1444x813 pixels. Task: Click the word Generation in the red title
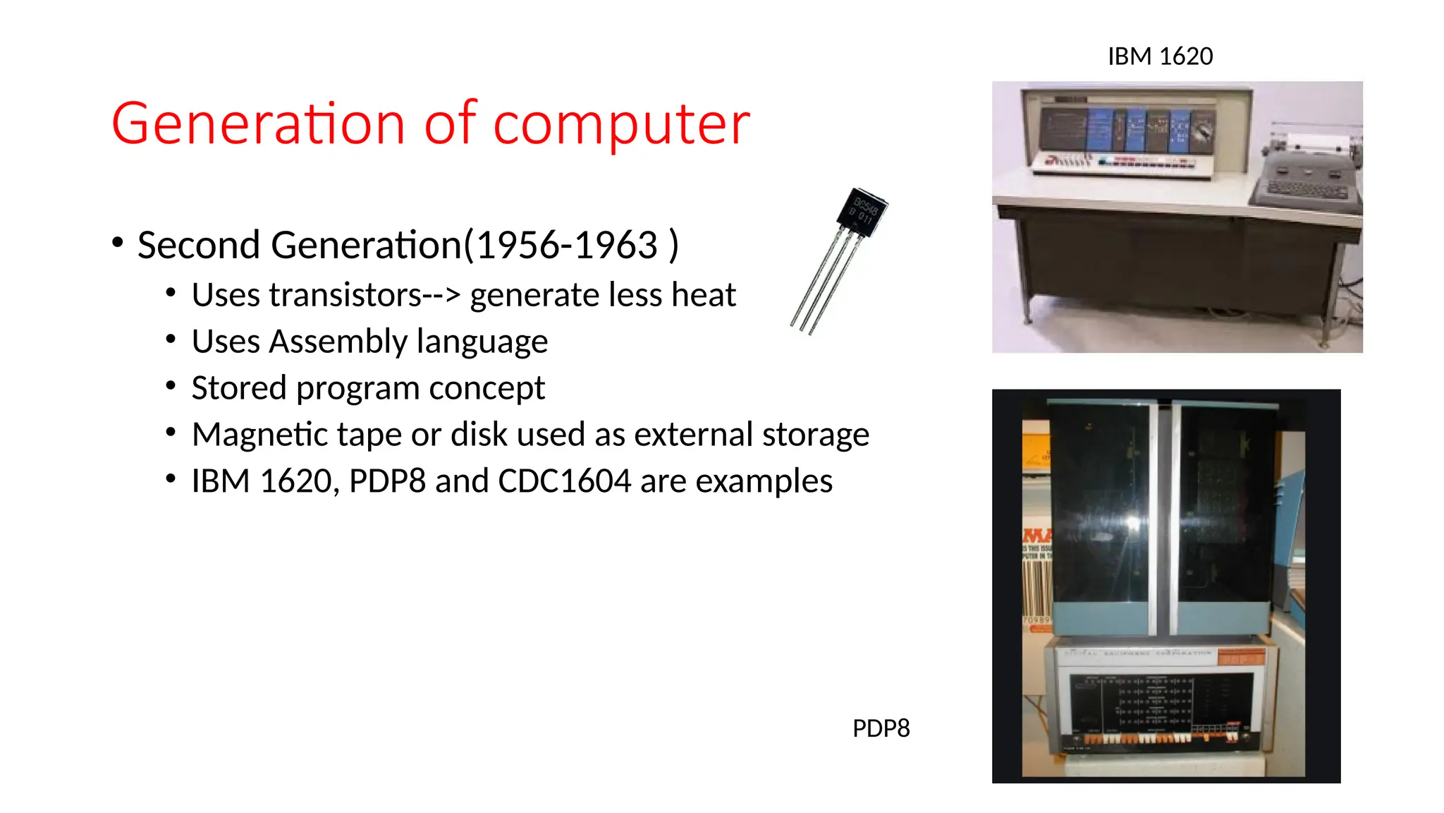click(x=258, y=124)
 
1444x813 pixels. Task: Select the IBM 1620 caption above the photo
click(x=1160, y=56)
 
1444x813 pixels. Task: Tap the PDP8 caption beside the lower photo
click(x=881, y=728)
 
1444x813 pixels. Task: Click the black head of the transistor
click(x=862, y=212)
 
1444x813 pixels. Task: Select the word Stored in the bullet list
click(x=239, y=388)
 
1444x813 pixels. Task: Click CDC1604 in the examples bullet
click(x=564, y=481)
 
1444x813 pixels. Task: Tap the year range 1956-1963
click(x=567, y=246)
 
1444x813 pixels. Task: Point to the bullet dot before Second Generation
click(x=118, y=243)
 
